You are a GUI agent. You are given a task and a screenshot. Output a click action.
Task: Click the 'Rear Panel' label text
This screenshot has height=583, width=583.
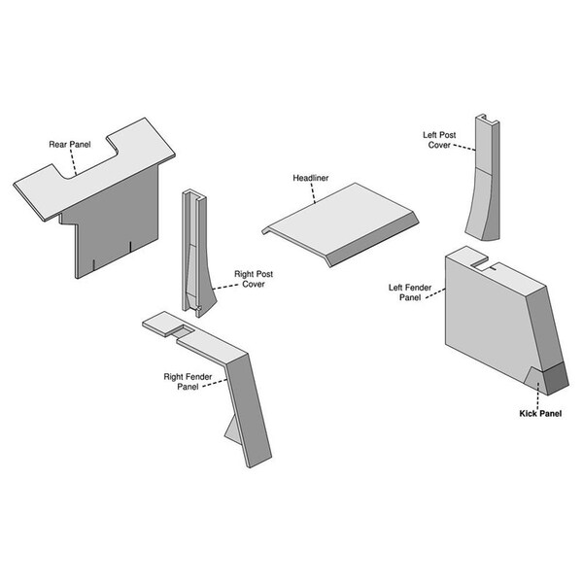click(70, 144)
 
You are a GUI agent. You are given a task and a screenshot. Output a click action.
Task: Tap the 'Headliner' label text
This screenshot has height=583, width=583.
click(311, 178)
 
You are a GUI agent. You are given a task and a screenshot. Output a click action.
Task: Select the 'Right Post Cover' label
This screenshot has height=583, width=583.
click(254, 279)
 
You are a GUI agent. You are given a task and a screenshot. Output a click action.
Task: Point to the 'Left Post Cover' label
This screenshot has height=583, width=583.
click(439, 140)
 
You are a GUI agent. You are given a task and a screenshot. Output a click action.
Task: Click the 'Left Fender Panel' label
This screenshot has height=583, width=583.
click(410, 292)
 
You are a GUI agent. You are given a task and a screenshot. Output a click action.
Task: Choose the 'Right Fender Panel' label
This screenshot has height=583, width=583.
click(188, 382)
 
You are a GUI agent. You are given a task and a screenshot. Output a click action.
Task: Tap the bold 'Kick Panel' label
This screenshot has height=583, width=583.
click(540, 414)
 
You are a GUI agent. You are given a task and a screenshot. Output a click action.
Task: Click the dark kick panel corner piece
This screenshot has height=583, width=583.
click(556, 379)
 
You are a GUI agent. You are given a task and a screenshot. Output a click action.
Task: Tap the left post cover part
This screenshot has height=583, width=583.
click(483, 178)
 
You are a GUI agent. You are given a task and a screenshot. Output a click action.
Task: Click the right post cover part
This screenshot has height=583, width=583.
click(197, 253)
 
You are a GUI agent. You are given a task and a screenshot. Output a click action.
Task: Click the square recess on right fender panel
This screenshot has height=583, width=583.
click(183, 330)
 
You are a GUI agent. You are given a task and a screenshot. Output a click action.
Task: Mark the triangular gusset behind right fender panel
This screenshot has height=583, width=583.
click(232, 429)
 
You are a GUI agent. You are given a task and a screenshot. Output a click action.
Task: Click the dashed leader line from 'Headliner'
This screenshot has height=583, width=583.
click(313, 193)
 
